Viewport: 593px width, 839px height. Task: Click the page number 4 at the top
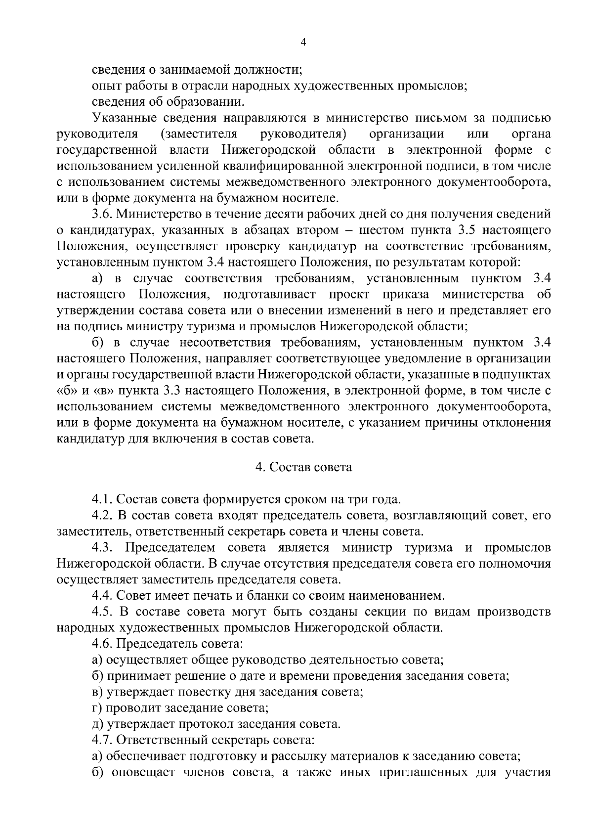303,43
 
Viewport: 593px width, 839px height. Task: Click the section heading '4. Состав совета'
303,467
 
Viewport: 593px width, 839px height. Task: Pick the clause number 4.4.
103,595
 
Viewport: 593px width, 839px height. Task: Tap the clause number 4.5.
103,612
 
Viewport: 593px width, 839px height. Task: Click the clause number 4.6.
103,644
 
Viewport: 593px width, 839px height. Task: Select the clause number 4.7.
103,740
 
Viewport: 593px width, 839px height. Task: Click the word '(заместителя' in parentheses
199,134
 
